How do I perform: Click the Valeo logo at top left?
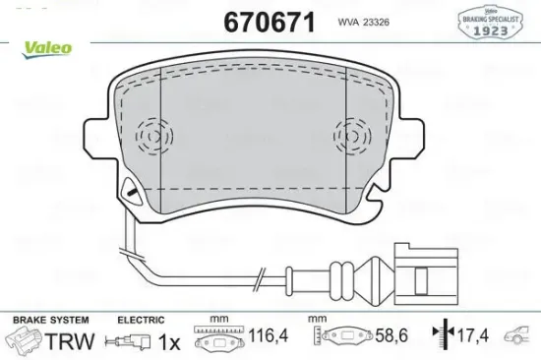(x=28, y=44)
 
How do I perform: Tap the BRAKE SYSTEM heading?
(x=50, y=322)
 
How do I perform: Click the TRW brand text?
(x=70, y=341)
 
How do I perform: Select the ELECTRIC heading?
(x=142, y=322)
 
